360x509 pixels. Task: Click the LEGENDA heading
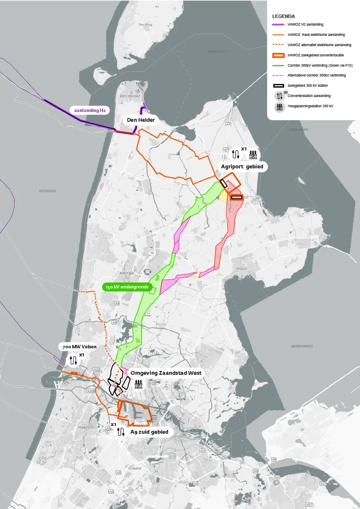(283, 16)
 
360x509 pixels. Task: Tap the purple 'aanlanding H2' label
(90, 110)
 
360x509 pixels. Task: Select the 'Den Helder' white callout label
(141, 120)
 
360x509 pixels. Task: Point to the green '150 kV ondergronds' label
(128, 287)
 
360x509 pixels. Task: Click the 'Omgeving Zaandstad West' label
(166, 373)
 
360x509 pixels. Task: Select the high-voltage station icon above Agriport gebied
(253, 153)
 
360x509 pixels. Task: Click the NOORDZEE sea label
(47, 191)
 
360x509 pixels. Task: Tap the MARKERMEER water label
(302, 346)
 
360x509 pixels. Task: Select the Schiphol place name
(135, 468)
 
